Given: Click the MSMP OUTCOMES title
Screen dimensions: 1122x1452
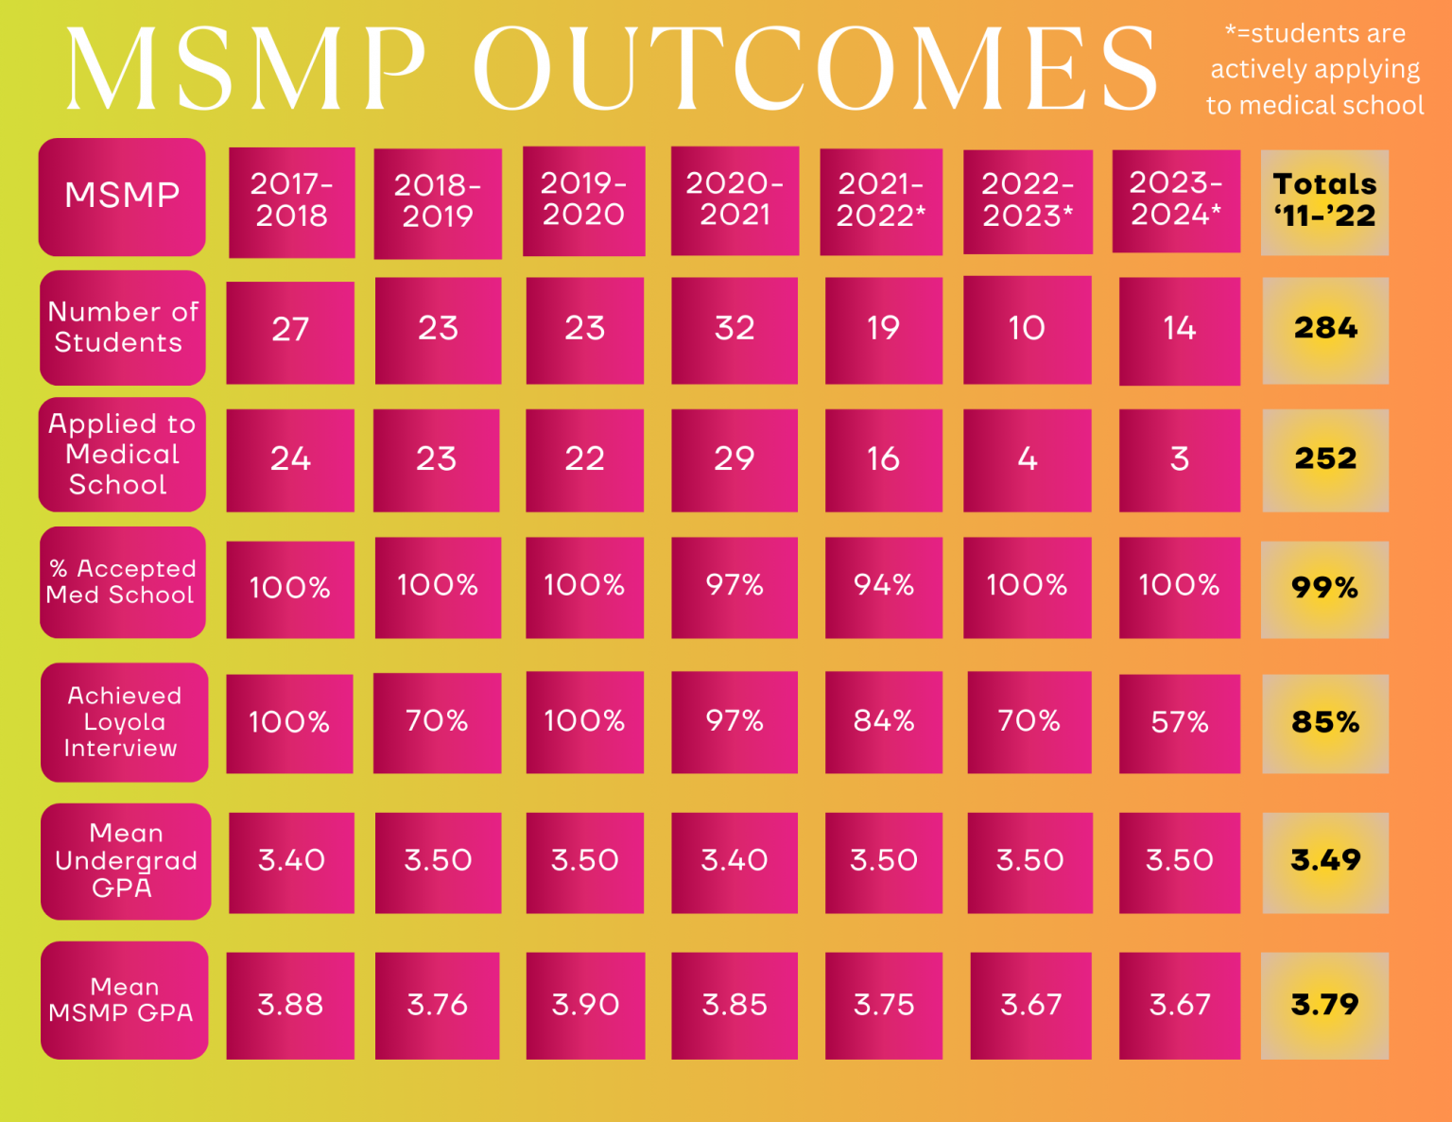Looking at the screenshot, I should coord(612,68).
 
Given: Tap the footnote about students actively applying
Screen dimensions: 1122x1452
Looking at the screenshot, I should coord(1314,70).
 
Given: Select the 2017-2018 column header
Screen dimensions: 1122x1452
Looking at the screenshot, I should coord(291,200).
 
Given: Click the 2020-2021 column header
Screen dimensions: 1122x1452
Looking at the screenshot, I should coord(735,199).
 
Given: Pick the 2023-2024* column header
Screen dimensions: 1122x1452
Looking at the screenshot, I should coord(1176,199).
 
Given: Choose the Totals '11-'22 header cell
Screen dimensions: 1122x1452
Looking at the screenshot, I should coord(1324,200).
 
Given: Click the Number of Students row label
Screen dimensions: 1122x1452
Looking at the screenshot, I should coord(122,327).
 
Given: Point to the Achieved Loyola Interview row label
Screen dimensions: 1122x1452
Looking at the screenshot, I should coord(123,722).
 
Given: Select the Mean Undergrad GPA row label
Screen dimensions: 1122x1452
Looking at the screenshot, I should coord(125,860).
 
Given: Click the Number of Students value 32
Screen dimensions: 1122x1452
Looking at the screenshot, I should coord(735,329).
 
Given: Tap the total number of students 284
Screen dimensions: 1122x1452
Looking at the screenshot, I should coord(1324,329).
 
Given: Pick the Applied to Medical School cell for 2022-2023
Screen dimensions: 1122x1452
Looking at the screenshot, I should coord(1027,459).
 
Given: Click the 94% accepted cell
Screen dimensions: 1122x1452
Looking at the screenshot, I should coord(883,586).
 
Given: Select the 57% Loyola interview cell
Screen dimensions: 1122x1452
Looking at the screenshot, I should coord(1179,723).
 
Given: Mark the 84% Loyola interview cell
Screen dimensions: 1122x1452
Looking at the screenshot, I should coord(883,722).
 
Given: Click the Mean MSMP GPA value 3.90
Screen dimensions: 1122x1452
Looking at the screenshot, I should coord(584,1005).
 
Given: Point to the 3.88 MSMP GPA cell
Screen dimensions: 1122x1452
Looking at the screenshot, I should coord(290,1005).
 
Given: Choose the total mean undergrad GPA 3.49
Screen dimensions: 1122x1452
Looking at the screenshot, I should coord(1324,860).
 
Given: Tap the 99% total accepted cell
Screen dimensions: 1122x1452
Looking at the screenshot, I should coord(1324,588).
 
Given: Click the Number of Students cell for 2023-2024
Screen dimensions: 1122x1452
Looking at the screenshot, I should coord(1179,329).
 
